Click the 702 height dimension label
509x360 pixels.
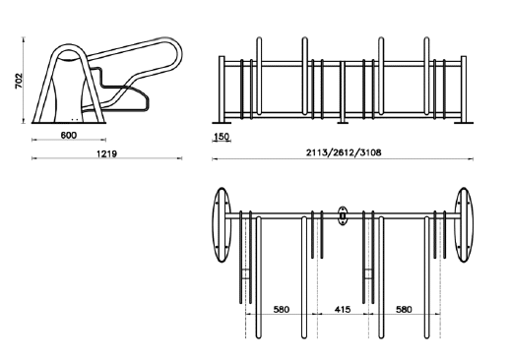19,81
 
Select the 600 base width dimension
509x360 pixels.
69,135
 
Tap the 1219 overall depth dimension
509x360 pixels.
106,153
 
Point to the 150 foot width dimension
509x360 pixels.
222,137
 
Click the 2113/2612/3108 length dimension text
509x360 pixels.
344,152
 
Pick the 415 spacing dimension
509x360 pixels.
343,309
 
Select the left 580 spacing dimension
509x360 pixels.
282,309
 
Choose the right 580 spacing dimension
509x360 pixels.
404,309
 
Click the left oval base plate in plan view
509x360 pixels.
222,225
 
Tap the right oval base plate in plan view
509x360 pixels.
464,225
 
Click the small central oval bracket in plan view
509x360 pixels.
343,216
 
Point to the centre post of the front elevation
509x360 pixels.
343,91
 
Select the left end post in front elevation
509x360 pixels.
222,90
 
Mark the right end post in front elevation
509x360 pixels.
464,90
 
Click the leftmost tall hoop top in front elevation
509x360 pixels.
259,39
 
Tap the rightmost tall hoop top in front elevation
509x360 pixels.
426,39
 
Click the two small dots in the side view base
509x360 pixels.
75,119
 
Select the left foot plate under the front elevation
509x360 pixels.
222,123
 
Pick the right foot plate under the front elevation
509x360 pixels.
464,123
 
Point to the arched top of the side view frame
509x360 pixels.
68,46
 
